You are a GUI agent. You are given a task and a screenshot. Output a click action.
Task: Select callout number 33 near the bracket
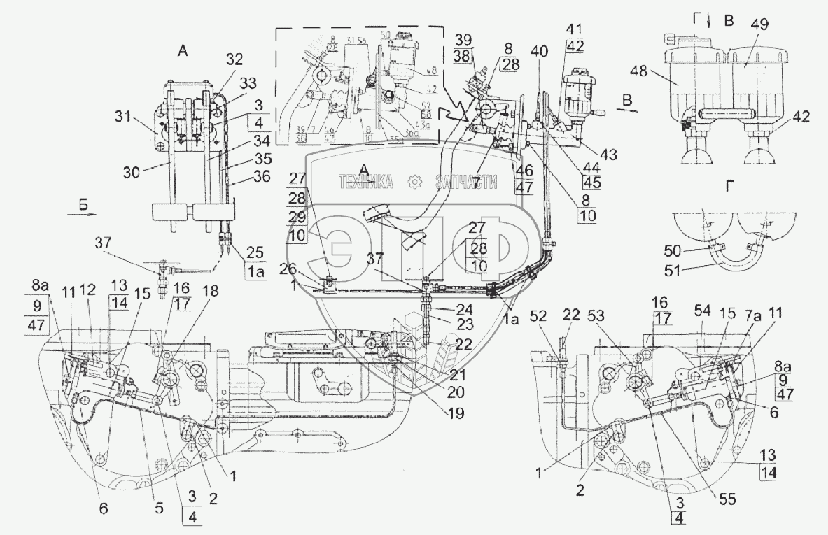click(247, 83)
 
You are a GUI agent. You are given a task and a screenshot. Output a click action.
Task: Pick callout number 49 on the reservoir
click(759, 24)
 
